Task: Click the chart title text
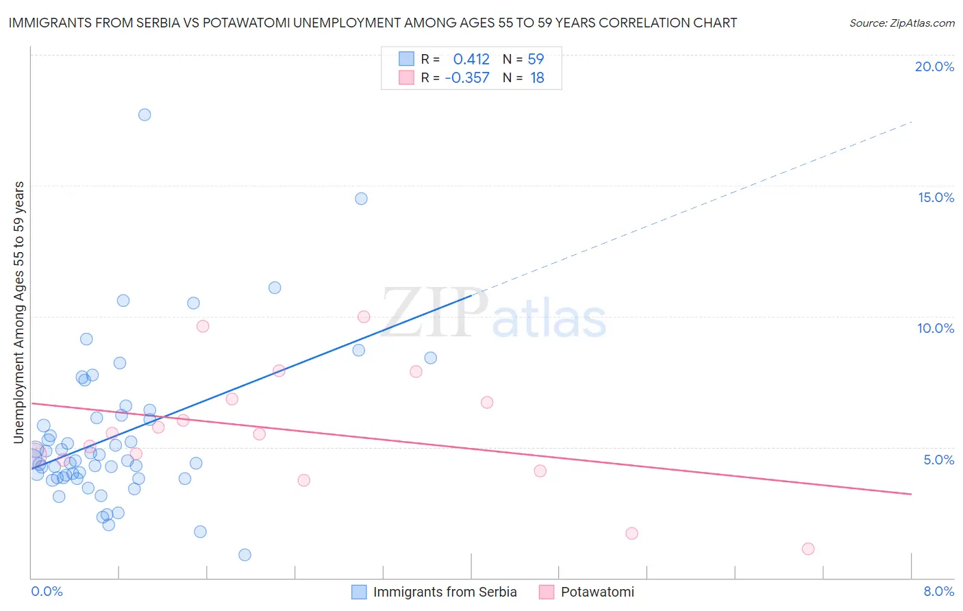pos(373,23)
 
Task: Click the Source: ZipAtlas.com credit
pos(901,23)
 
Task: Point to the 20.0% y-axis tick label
pos(934,66)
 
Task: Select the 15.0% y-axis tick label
pos(936,197)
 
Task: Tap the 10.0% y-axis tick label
pos(936,328)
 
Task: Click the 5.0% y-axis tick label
pos(938,460)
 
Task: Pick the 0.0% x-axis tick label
pos(47,591)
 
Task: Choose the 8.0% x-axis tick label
pos(938,591)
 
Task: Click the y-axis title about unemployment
pos(18,312)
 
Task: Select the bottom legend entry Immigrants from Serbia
pos(445,592)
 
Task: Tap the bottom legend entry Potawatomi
pos(597,592)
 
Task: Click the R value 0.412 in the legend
pos(471,60)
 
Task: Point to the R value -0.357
pos(467,78)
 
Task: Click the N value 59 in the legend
pos(536,60)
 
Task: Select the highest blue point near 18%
pos(145,114)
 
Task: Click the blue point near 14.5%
pos(361,199)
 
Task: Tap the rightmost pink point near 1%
pos(808,549)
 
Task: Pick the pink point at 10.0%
pos(364,316)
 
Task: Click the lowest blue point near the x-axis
pos(245,555)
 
